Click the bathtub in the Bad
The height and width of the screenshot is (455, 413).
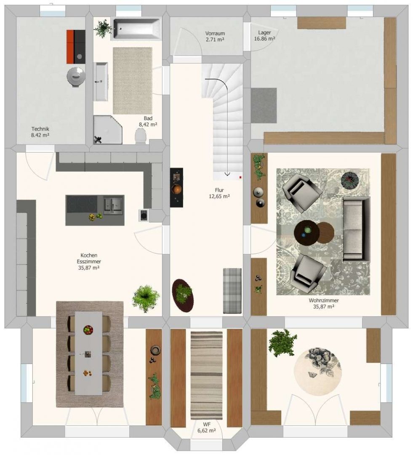[x=136, y=29]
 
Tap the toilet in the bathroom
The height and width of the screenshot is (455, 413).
[x=141, y=136]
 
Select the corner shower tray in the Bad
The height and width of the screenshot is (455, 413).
[x=108, y=130]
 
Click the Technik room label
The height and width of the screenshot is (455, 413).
[x=40, y=132]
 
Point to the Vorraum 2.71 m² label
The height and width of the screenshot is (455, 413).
[x=215, y=36]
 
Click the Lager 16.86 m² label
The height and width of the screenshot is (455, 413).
[x=264, y=36]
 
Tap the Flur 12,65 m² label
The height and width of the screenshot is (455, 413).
[x=219, y=193]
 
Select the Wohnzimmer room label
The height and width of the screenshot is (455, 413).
[x=324, y=303]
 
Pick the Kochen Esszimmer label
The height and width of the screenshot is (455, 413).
[x=89, y=262]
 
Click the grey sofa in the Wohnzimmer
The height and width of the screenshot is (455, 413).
[x=357, y=229]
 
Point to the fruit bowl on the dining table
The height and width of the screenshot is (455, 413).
[x=88, y=329]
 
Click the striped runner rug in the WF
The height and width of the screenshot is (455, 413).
[x=206, y=375]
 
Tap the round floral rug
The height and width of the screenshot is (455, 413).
[x=317, y=372]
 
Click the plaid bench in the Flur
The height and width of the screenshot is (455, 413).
[x=232, y=291]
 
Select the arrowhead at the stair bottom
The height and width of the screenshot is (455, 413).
[x=227, y=174]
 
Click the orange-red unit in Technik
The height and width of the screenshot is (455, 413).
[x=70, y=46]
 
